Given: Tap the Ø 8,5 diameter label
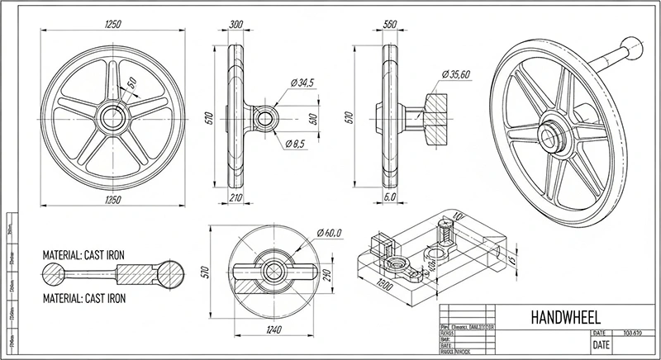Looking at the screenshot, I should point(299,145).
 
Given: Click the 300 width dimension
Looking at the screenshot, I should point(237,26).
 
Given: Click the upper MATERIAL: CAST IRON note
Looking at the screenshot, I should point(83,256).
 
